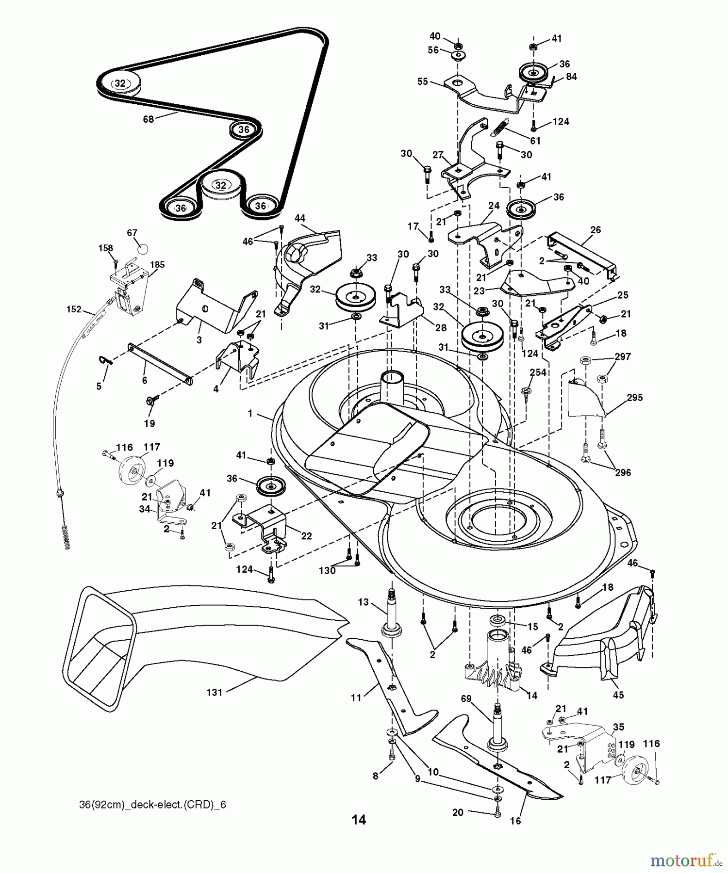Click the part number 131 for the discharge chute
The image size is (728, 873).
pyautogui.click(x=214, y=692)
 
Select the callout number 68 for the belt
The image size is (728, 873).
pyautogui.click(x=148, y=119)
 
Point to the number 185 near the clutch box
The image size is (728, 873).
pyautogui.click(x=157, y=265)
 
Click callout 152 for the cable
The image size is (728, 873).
pyautogui.click(x=74, y=309)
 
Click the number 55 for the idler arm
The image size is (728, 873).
pyautogui.click(x=423, y=81)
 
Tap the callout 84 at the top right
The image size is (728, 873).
pyautogui.click(x=571, y=77)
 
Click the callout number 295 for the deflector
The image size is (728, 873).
pyautogui.click(x=634, y=398)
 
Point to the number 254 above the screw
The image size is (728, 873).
pyautogui.click(x=538, y=372)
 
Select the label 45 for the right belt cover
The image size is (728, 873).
pyautogui.click(x=618, y=695)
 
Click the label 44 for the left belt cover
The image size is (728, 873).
pyautogui.click(x=300, y=218)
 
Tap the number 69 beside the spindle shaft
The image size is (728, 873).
pyautogui.click(x=466, y=699)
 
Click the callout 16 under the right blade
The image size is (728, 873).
pyautogui.click(x=515, y=821)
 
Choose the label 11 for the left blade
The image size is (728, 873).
pyautogui.click(x=357, y=697)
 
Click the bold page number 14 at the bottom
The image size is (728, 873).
pyautogui.click(x=359, y=820)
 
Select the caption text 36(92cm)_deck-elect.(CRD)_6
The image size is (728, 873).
pyautogui.click(x=152, y=805)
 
